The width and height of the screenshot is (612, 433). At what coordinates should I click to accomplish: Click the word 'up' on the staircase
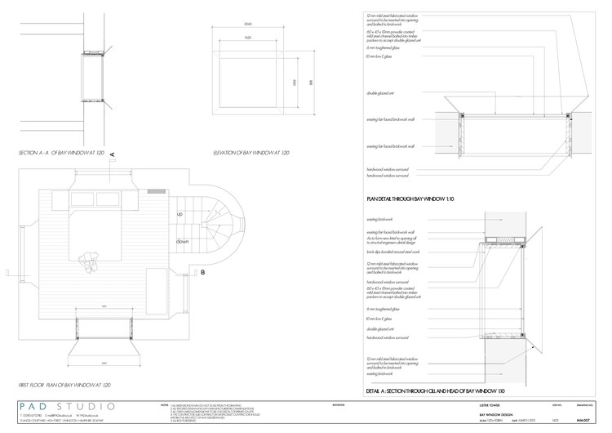pyautogui.click(x=179, y=213)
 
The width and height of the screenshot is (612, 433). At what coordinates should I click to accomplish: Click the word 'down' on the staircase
pyautogui.click(x=182, y=242)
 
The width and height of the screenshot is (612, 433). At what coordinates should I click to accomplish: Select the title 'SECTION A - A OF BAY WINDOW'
pyautogui.click(x=61, y=153)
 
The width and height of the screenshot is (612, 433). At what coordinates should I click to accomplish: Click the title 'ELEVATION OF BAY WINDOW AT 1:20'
pyautogui.click(x=251, y=153)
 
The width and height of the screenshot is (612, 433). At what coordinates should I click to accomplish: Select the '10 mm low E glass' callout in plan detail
pyautogui.click(x=379, y=58)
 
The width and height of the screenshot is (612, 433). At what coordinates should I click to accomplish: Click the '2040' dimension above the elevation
pyautogui.click(x=247, y=25)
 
